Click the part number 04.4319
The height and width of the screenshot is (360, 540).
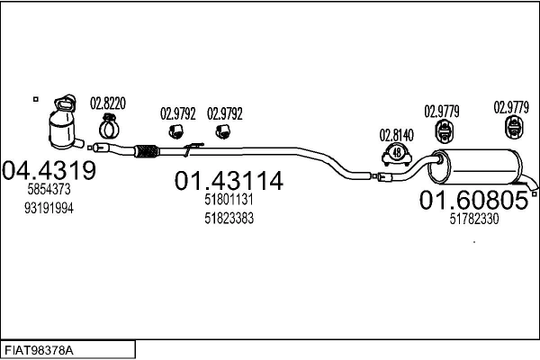(49, 169)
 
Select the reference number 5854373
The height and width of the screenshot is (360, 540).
(49, 190)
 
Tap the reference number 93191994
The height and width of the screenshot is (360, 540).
(49, 208)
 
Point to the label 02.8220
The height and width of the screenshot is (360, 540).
(107, 103)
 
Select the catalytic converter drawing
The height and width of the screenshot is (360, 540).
(64, 121)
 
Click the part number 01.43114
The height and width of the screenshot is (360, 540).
(229, 182)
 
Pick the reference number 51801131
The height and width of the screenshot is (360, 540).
(229, 202)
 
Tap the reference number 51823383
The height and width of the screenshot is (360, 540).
(229, 219)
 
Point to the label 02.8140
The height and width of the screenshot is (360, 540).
(396, 135)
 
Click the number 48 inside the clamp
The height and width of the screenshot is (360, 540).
(396, 155)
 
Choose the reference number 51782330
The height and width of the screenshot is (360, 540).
(473, 219)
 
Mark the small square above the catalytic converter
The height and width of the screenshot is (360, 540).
(35, 97)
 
